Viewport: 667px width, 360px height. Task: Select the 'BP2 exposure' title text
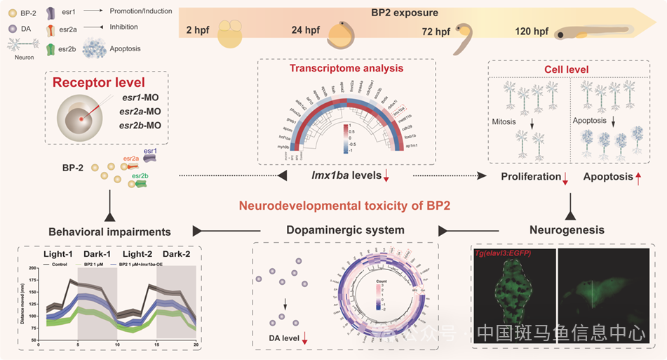[x=403, y=13]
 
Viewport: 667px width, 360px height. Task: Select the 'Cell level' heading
[x=567, y=69]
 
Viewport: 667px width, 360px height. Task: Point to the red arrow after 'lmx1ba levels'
[x=386, y=175]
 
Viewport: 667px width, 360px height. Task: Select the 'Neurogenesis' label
[x=567, y=229]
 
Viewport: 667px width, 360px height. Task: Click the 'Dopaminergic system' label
[x=345, y=229]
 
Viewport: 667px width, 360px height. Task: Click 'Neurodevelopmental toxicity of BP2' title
[x=344, y=206]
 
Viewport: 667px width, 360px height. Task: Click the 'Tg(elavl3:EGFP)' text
[x=504, y=252]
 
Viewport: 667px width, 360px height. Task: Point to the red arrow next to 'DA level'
[x=305, y=340]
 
